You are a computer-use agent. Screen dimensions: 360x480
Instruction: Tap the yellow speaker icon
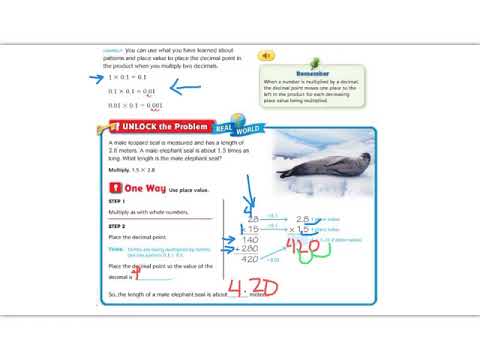(266, 56)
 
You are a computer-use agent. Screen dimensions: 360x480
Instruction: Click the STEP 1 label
(116, 202)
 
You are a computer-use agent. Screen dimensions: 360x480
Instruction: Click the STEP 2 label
(116, 226)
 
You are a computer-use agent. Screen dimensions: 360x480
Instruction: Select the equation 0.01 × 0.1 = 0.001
(134, 104)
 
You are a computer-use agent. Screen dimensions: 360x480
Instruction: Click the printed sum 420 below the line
(251, 258)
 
